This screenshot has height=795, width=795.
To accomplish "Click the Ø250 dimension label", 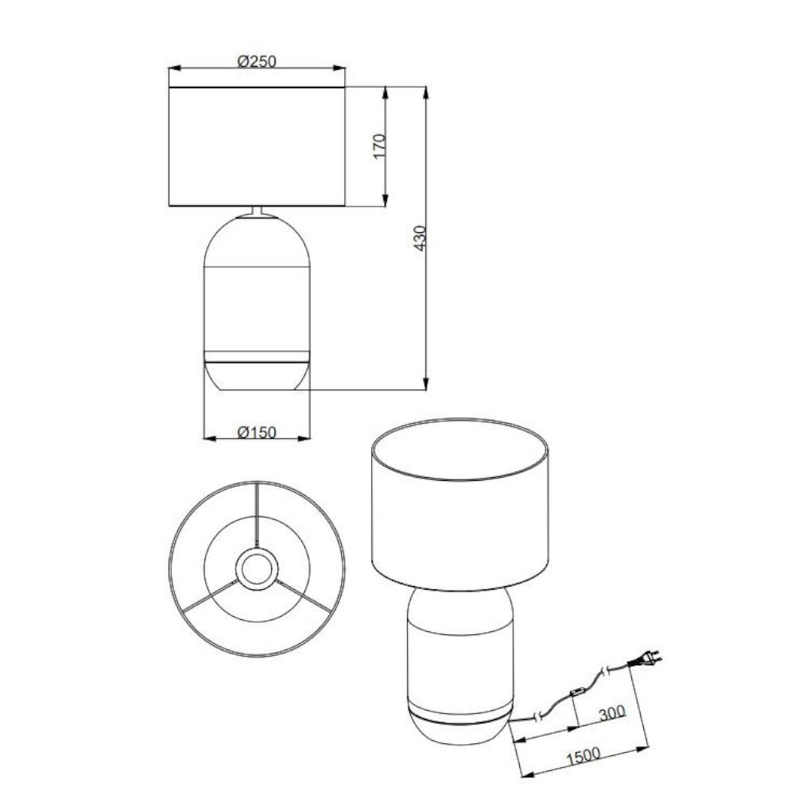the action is click(x=257, y=61).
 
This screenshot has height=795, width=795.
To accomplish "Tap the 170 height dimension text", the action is click(x=379, y=146).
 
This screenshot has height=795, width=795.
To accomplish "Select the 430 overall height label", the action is click(x=420, y=238).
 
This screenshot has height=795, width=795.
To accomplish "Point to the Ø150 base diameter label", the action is click(x=257, y=432).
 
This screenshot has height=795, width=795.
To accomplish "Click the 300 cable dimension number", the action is click(x=612, y=713).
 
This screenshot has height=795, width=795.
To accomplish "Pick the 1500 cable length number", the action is click(x=583, y=756).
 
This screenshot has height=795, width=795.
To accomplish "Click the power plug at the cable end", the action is click(x=644, y=660).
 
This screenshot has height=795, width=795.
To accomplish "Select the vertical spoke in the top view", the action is click(x=258, y=514).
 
